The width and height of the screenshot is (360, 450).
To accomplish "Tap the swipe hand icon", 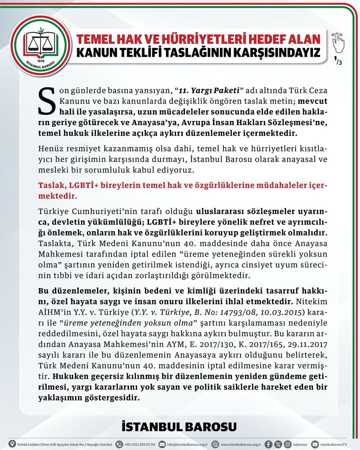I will pyautogui.click(x=338, y=42).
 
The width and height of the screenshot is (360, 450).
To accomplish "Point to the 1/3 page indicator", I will pyautogui.click(x=338, y=60).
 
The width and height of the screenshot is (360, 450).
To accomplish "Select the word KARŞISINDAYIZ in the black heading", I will pyautogui.click(x=271, y=53).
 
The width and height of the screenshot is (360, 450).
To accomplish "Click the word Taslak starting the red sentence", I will pyautogui.click(x=50, y=186).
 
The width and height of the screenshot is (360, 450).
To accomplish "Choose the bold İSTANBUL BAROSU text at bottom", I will pyautogui.click(x=179, y=427).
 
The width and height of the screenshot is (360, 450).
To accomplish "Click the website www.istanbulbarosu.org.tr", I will pyautogui.click(x=240, y=445).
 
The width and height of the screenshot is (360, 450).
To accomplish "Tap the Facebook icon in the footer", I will pyautogui.click(x=269, y=444).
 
